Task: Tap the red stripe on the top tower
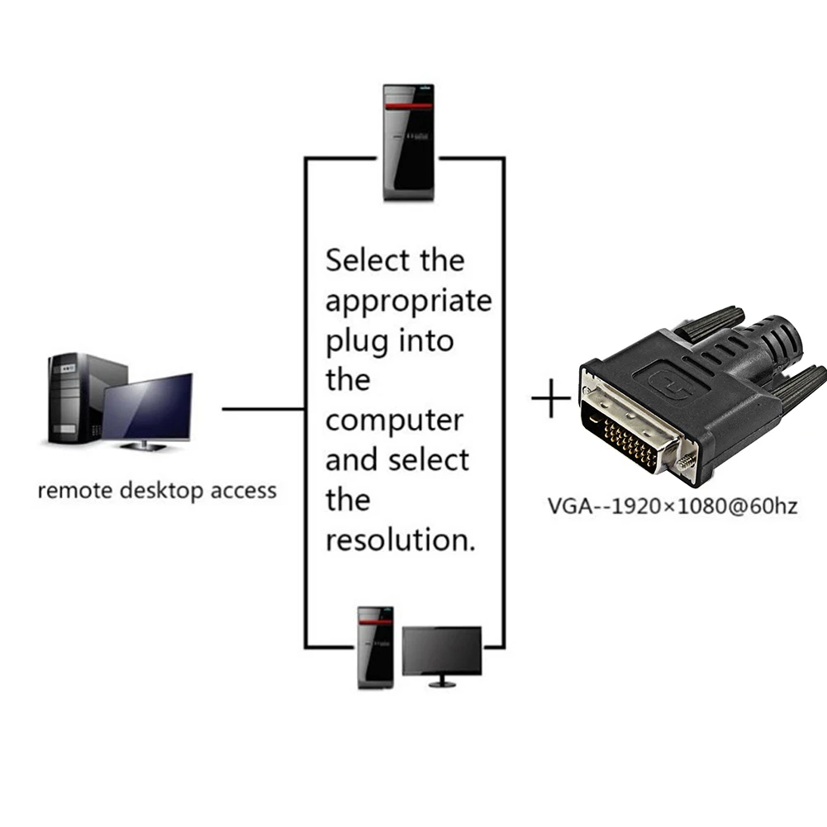(408, 107)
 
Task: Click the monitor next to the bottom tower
(441, 653)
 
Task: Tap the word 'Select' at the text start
(368, 260)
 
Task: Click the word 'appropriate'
(408, 302)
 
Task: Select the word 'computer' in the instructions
(394, 421)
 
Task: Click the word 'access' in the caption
(242, 491)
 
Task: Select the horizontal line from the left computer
(264, 408)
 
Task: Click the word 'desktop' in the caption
(161, 491)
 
